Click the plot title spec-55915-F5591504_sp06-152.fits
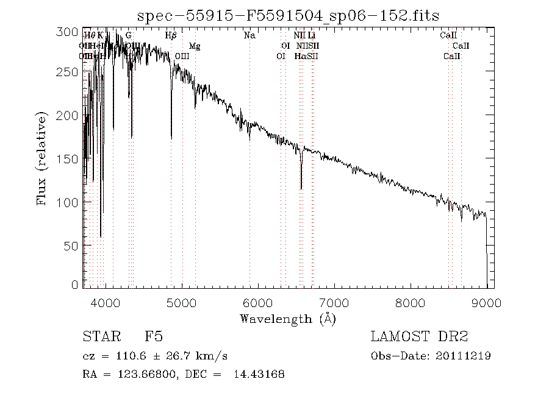(x=288, y=15)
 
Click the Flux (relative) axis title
(x=42, y=158)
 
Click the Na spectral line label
(x=249, y=35)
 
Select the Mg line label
(x=195, y=46)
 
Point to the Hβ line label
(x=171, y=35)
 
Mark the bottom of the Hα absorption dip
(x=301, y=188)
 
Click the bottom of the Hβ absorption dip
(x=171, y=138)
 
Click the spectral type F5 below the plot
(x=153, y=337)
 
